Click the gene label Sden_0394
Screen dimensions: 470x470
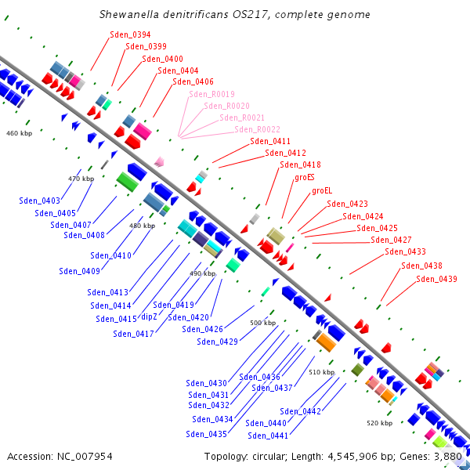(x=130, y=34)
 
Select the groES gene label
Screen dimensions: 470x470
(x=305, y=178)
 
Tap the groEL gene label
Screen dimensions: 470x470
(x=322, y=190)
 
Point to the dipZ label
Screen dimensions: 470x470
(x=149, y=316)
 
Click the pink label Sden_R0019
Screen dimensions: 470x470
(x=211, y=94)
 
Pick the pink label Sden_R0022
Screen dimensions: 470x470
(x=257, y=129)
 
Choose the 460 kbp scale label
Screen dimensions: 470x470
(x=19, y=133)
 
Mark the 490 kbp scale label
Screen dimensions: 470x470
(x=203, y=273)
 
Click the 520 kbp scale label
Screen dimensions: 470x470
(x=379, y=423)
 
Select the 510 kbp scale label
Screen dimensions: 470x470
(x=322, y=372)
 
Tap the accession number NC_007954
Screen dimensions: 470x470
(x=85, y=457)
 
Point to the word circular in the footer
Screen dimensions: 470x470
(x=268, y=457)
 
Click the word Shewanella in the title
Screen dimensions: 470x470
(x=129, y=14)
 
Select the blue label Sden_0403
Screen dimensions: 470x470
(x=40, y=201)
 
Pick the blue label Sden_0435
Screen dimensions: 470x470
(x=206, y=434)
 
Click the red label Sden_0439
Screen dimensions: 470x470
(x=436, y=279)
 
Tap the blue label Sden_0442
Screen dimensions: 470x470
(x=300, y=411)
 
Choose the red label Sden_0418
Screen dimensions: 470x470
(x=300, y=164)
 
